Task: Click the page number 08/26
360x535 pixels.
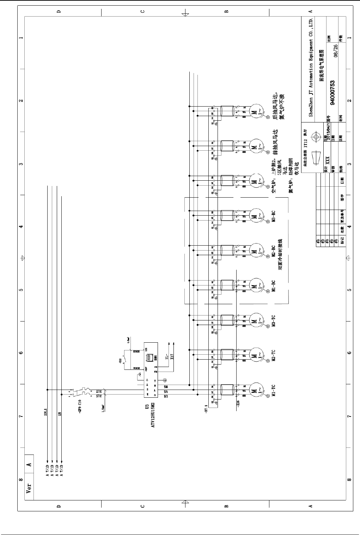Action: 336,50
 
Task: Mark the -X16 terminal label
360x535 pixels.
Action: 238,403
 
